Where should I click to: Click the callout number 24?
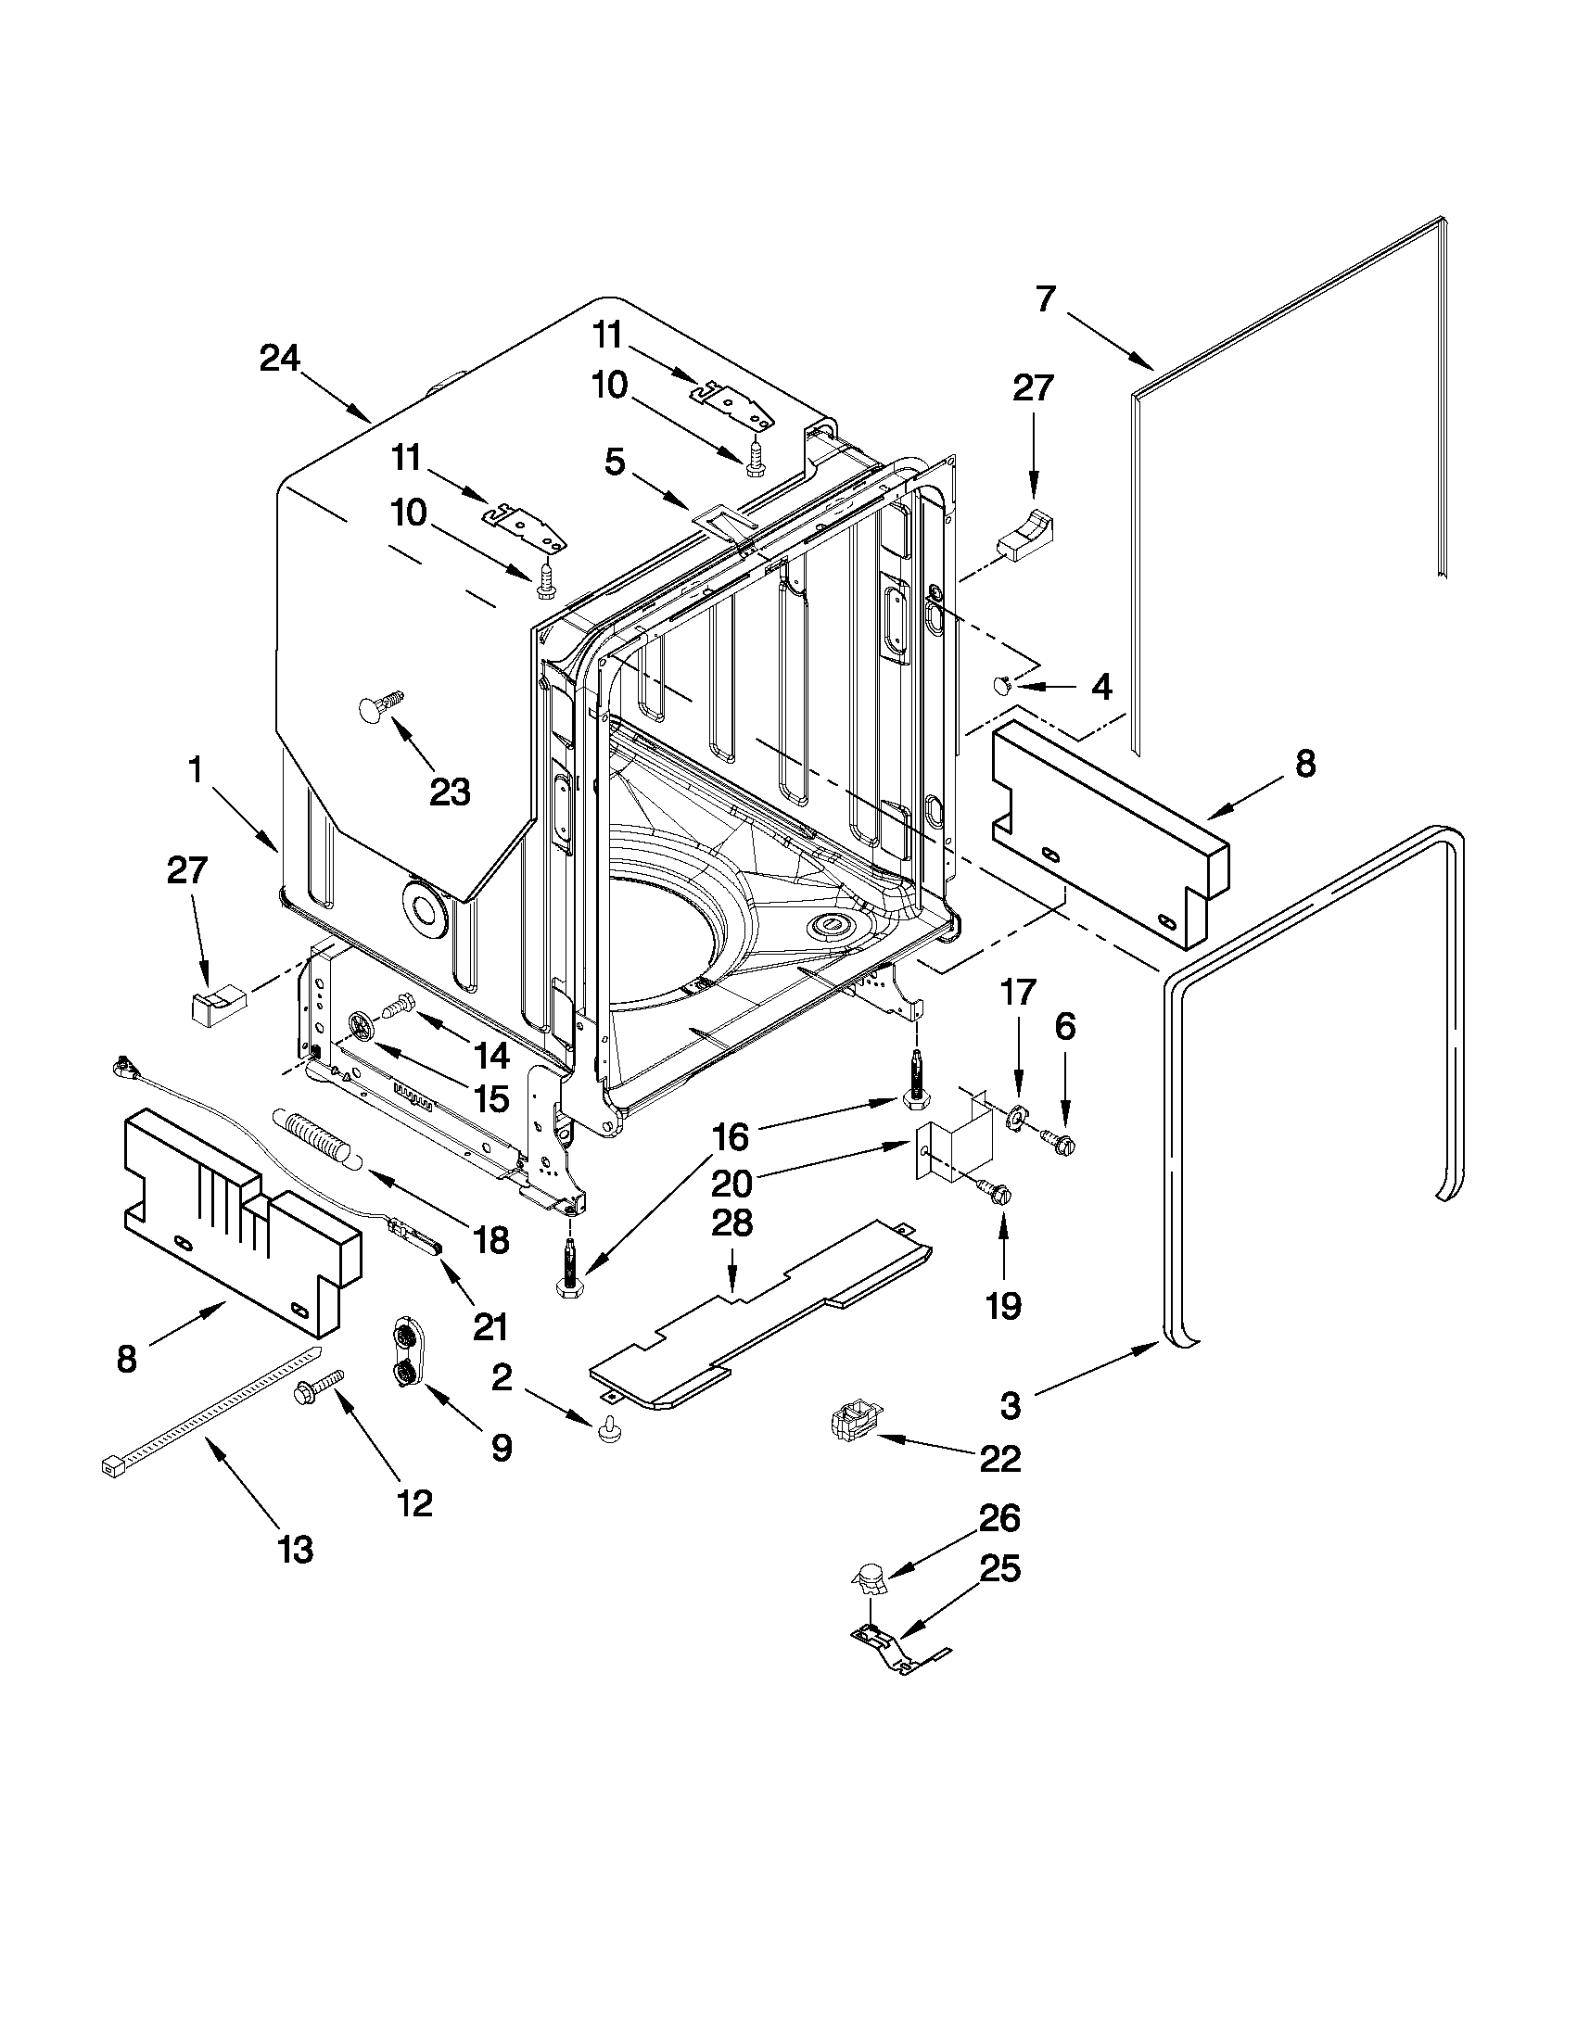tap(279, 359)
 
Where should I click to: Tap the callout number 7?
tap(1045, 299)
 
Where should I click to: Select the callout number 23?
tap(450, 792)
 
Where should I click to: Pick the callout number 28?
tap(731, 1223)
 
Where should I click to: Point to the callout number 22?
tap(998, 1459)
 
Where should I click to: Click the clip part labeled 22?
tap(853, 1425)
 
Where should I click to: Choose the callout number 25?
tap(998, 1569)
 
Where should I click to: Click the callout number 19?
tap(1002, 1306)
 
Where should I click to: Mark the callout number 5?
tap(614, 462)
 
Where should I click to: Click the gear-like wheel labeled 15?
tap(360, 1026)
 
